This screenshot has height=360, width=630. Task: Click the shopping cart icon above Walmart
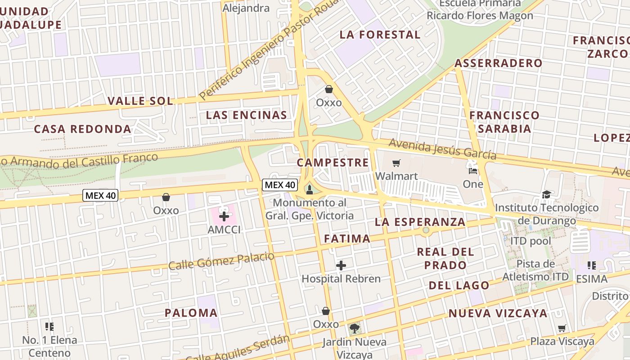click(x=396, y=163)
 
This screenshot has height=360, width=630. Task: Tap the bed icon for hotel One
click(x=472, y=171)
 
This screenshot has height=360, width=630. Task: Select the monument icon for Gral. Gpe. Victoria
click(x=309, y=189)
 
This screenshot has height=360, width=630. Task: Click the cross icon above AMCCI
click(x=224, y=216)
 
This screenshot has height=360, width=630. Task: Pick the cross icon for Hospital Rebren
click(x=341, y=265)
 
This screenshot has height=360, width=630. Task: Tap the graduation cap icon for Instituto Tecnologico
click(x=546, y=194)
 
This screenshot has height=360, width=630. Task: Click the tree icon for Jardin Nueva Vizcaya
click(x=355, y=328)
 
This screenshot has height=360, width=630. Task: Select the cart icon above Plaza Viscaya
click(x=562, y=328)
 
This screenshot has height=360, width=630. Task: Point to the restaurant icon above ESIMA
click(x=592, y=265)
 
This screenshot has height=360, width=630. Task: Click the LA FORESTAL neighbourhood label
click(x=380, y=35)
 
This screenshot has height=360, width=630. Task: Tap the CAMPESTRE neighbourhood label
click(x=333, y=162)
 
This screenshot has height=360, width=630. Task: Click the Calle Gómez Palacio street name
click(x=221, y=261)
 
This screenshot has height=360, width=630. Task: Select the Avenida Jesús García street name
click(x=442, y=149)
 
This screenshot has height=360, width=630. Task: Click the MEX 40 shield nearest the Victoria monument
click(x=279, y=184)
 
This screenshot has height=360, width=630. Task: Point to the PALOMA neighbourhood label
click(x=191, y=313)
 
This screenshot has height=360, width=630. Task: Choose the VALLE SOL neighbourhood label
click(x=140, y=101)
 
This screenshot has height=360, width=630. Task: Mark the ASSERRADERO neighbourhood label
click(x=498, y=63)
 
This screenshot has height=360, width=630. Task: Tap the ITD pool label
click(x=530, y=241)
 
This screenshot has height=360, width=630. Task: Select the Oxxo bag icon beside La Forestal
click(x=329, y=89)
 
